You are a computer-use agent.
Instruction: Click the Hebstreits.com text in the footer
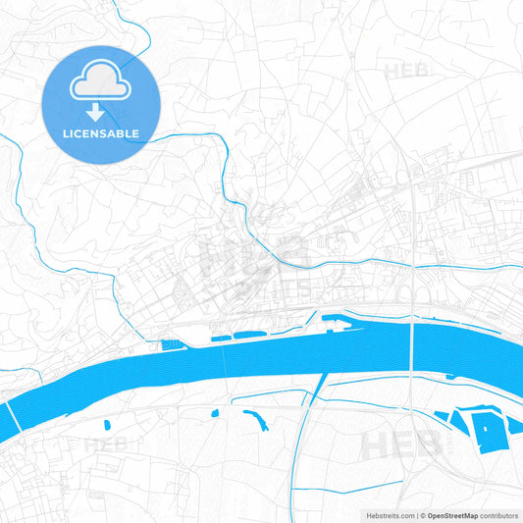coord(386,514)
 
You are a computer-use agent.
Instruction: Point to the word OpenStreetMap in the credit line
coord(451,514)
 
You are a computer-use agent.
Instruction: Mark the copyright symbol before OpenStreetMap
coord(422,514)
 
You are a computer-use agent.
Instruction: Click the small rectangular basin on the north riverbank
coord(172,344)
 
